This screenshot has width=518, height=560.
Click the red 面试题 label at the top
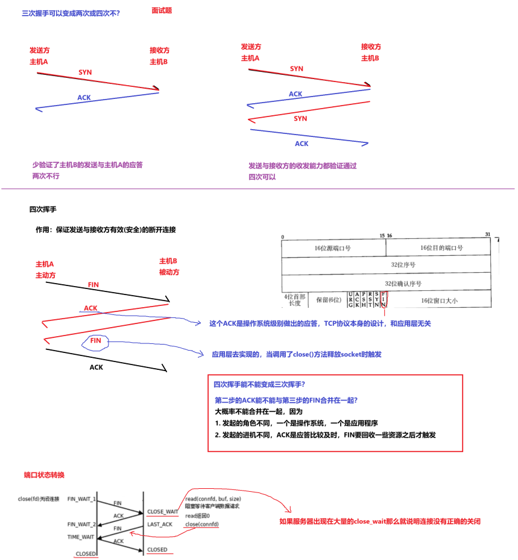click(x=162, y=10)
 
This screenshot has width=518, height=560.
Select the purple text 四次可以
click(x=262, y=177)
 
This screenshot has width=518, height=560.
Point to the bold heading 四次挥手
click(x=43, y=209)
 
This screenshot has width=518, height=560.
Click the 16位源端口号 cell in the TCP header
click(x=332, y=248)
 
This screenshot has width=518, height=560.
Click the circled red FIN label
click(x=95, y=341)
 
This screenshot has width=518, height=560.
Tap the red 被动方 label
click(x=169, y=272)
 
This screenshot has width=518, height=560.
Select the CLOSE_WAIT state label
click(x=162, y=512)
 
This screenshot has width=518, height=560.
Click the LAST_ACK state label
click(x=160, y=524)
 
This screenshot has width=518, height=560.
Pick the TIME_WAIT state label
click(x=81, y=536)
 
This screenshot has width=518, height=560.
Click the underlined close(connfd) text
click(x=202, y=524)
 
